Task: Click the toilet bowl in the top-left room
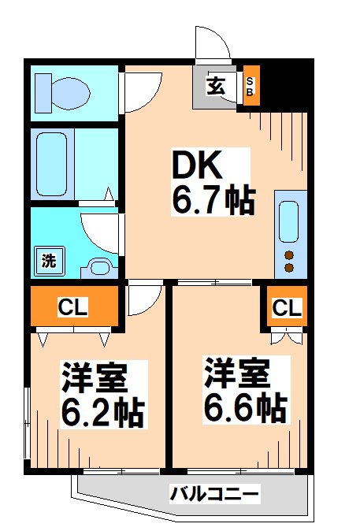71,94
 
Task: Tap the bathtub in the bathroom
51,164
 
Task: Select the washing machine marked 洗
49,261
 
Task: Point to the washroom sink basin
99,268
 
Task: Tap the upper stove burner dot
289,255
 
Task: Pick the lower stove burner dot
289,268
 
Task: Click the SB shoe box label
250,87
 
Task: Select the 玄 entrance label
216,86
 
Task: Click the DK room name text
198,164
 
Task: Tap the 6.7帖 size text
213,200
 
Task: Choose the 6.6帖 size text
245,407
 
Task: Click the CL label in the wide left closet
72,307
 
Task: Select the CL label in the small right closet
287,308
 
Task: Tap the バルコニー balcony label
214,494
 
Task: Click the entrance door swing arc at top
220,36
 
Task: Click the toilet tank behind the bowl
43,94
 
